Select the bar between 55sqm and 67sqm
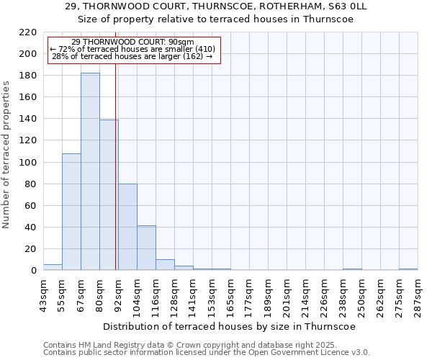(71, 212)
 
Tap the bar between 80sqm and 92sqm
(109, 195)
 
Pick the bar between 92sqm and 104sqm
(127, 227)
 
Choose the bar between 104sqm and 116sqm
(146, 248)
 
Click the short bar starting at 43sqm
(53, 267)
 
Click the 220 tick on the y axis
(28, 32)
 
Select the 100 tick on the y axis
(28, 163)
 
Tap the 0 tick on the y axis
(33, 271)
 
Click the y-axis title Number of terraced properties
(7, 154)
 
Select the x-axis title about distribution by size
(230, 326)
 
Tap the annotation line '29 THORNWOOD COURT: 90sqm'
(133, 42)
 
